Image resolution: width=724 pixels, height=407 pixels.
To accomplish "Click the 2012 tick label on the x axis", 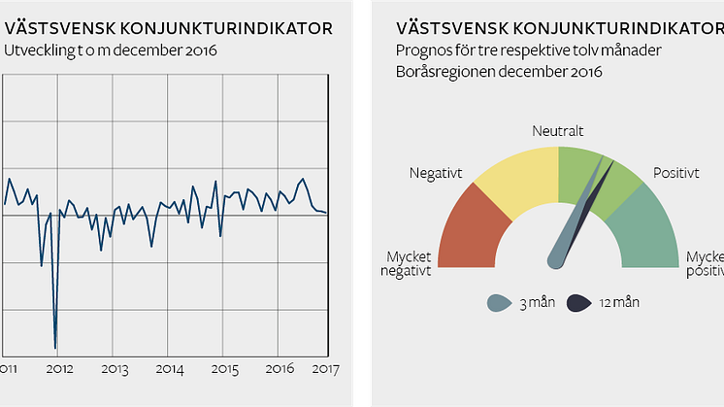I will (59, 369).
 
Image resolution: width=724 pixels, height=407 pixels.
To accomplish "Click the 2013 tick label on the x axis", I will (115, 369).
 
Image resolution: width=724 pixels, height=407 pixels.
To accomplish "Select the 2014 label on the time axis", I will (170, 369).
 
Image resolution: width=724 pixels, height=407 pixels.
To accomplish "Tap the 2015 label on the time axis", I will (225, 369).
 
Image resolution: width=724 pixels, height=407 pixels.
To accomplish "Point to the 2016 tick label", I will (280, 369).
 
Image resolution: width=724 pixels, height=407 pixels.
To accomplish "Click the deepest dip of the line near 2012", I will (55, 347).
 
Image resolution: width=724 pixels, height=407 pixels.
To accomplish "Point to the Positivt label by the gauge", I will (675, 173).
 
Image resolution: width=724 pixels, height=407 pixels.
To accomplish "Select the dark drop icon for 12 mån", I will (579, 303).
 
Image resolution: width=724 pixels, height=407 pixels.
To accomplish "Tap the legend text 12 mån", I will (620, 303).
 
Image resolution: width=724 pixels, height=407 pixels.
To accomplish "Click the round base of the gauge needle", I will (557, 258).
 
